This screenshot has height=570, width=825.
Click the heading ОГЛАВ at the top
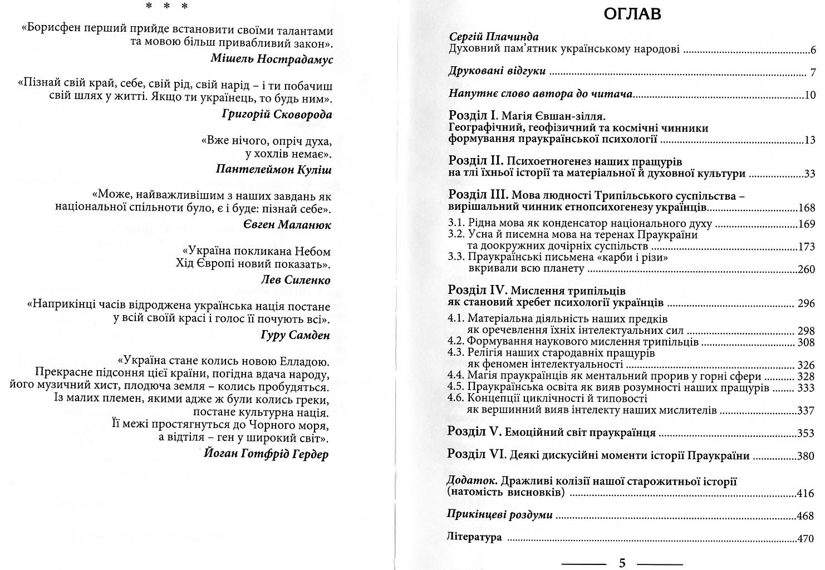pos(632,13)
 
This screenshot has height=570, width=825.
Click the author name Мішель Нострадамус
pos(272,59)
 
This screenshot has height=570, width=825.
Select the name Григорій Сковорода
pos(277,114)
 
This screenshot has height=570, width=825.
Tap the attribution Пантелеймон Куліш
pos(273,170)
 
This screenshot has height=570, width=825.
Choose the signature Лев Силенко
pos(296,280)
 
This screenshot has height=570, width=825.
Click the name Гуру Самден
pos(295,335)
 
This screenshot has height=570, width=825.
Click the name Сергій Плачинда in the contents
pos(494,37)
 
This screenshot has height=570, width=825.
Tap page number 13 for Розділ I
pos(809,140)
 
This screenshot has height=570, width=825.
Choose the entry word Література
pos(474,537)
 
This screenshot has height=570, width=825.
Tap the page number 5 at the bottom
pos(622,563)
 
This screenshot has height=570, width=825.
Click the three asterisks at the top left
pos(166,7)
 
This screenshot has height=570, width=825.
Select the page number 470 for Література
pos(806,539)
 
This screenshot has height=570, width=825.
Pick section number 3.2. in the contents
pos(456,234)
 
